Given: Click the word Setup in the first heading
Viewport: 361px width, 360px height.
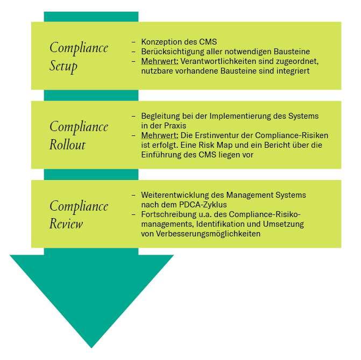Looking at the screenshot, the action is pyautogui.click(x=63, y=66).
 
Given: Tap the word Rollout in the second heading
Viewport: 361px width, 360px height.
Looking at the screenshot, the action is pyautogui.click(x=67, y=145).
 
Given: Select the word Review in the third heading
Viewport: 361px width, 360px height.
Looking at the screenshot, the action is pyautogui.click(x=66, y=224).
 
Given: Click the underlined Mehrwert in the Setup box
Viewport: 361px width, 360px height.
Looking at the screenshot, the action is pyautogui.click(x=160, y=61).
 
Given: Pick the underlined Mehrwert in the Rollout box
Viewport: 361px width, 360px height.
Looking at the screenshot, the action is pyautogui.click(x=160, y=135).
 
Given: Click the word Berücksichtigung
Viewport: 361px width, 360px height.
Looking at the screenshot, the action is pyautogui.click(x=173, y=52).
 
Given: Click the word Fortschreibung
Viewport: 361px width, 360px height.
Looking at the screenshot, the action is pyautogui.click(x=169, y=214).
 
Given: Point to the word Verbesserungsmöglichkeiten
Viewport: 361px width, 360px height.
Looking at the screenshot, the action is pyautogui.click(x=208, y=234).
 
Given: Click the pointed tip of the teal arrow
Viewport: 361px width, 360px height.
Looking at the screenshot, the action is pyautogui.click(x=91, y=348).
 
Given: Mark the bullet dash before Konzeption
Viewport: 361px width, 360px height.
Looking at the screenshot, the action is pyautogui.click(x=133, y=42).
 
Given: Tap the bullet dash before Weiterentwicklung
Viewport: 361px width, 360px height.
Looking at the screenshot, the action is pyautogui.click(x=133, y=195).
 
